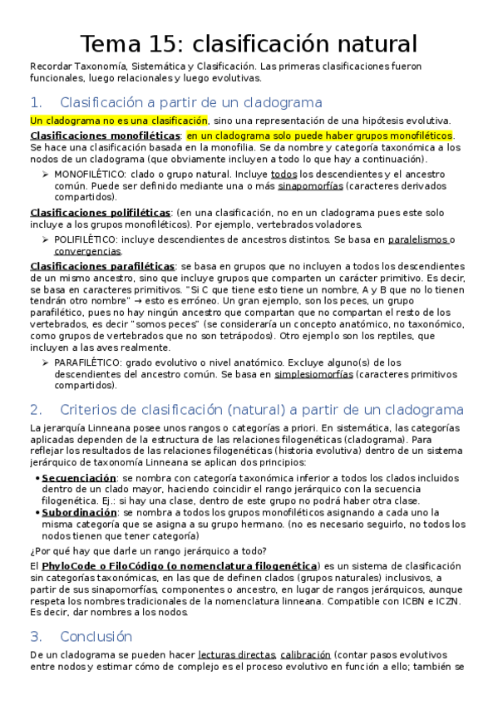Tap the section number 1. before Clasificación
point(35,103)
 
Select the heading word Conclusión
point(96,636)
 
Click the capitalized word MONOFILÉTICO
point(91,175)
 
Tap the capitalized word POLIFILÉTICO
point(86,239)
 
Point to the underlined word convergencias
point(88,250)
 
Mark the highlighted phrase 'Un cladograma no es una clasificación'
point(118,120)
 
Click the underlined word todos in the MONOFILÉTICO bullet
point(284,175)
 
